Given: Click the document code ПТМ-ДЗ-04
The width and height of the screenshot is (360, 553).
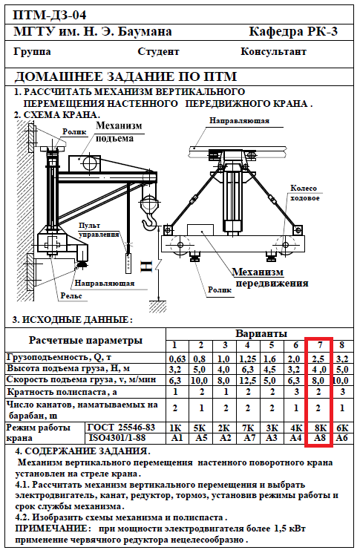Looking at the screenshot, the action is [x=50, y=15].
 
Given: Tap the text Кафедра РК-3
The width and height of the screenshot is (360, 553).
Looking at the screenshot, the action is [x=293, y=31].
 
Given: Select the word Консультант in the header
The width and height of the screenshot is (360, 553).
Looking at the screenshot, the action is [x=273, y=51].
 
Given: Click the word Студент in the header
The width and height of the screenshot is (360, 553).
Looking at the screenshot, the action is [x=158, y=52].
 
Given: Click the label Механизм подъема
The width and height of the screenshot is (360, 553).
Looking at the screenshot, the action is [x=119, y=131].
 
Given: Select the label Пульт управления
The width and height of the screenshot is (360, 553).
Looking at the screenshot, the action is [x=99, y=230].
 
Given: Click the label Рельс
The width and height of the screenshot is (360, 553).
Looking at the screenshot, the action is [x=71, y=295].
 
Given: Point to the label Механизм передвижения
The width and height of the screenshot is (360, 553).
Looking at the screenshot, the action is [x=270, y=278].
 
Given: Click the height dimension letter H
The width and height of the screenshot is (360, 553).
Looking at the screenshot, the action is [x=147, y=266].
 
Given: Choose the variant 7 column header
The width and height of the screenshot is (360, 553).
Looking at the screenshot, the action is [x=320, y=344].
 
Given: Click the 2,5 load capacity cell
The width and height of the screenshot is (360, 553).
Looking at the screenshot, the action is [x=318, y=359].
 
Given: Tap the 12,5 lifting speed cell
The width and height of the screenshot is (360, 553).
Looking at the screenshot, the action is [x=247, y=380].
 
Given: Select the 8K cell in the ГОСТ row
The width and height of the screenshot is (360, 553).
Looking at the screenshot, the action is [x=320, y=428].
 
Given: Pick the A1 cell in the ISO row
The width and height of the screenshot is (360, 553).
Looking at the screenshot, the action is [x=176, y=438].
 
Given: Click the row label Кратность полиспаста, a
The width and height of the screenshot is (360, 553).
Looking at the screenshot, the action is [x=62, y=392].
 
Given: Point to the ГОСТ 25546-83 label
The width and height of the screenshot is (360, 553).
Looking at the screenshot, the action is [x=121, y=427].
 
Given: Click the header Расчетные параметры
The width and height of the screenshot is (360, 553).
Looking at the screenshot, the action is [x=85, y=340].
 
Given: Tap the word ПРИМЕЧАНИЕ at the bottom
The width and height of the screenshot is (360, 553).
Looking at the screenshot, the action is [x=51, y=529].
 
